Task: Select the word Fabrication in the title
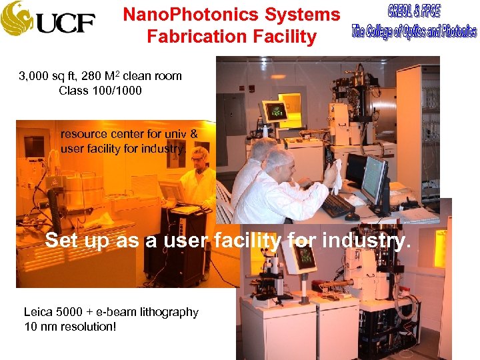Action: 189,37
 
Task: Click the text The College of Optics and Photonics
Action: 413,31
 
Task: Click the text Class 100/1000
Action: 100,91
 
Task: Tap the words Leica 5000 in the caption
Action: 53,312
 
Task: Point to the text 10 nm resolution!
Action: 70,326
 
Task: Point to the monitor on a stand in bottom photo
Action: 303,256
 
